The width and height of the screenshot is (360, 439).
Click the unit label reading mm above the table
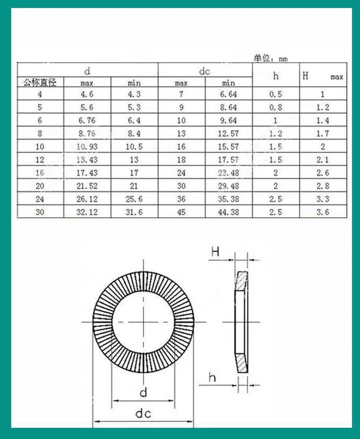(283, 59)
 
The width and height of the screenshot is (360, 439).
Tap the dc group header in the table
(205, 71)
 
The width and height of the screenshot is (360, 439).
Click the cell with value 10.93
(87, 146)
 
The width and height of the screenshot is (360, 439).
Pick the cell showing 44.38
(229, 212)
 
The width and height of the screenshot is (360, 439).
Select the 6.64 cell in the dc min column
(229, 94)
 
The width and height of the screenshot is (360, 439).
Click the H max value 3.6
(323, 212)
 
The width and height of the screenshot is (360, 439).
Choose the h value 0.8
(276, 107)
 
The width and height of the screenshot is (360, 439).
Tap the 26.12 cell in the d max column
(87, 199)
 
